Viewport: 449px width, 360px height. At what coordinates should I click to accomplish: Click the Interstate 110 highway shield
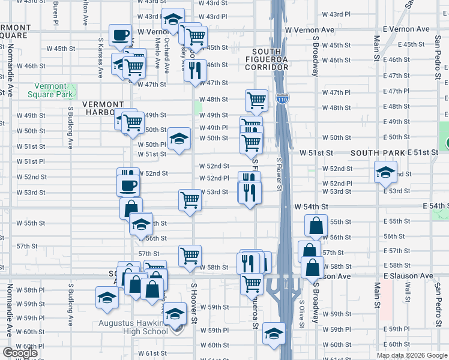282,97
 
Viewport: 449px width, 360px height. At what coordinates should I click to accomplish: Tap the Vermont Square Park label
50,90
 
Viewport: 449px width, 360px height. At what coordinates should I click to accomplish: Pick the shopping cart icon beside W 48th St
256,100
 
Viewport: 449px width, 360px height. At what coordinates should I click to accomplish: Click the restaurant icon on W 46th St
194,70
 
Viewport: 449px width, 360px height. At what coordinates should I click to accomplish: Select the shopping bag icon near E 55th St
316,226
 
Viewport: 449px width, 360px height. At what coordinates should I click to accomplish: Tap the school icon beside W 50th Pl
179,139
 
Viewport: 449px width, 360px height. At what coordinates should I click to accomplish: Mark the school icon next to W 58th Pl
107,297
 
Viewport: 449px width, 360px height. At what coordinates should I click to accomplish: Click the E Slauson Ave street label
408,276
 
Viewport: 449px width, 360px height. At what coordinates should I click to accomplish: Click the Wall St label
407,294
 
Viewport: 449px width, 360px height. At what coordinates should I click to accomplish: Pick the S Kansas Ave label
100,58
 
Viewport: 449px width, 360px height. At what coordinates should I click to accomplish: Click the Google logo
20,353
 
